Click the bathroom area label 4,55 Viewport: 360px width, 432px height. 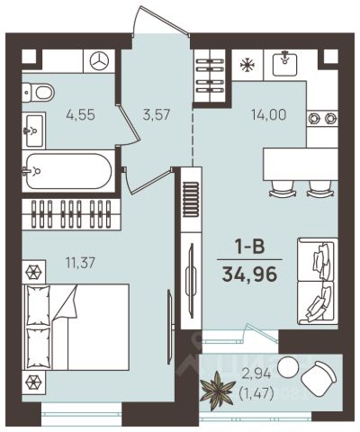point(81,114)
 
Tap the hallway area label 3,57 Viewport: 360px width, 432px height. point(157,114)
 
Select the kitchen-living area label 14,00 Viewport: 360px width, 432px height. point(268,114)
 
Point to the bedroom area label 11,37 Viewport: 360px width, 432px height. point(80,263)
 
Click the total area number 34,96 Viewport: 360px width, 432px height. point(249,274)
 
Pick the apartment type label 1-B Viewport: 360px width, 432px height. point(249,247)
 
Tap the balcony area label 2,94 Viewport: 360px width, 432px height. point(256,373)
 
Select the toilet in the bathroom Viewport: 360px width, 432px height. point(38,92)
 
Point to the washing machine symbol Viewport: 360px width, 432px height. point(99,61)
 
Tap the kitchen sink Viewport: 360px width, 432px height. point(284,64)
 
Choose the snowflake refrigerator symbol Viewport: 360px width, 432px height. point(247,65)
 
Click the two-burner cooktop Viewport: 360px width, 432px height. point(322,119)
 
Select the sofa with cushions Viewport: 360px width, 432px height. point(318,282)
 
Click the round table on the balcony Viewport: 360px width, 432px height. point(287,366)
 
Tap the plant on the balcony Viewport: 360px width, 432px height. point(217,391)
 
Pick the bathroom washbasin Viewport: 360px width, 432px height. point(34,130)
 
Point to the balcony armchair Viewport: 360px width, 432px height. point(319,376)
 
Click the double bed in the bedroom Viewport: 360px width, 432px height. point(76,327)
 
